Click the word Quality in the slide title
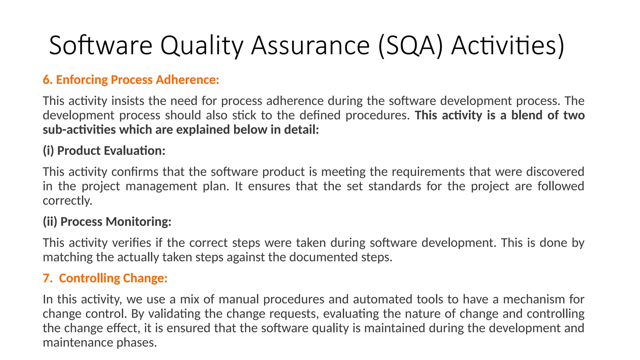[202, 46]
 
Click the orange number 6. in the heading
[47, 80]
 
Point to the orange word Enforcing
[82, 80]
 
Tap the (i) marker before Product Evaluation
[48, 151]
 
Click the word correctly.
[67, 201]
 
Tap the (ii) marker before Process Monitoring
[50, 222]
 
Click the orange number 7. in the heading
[47, 278]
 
